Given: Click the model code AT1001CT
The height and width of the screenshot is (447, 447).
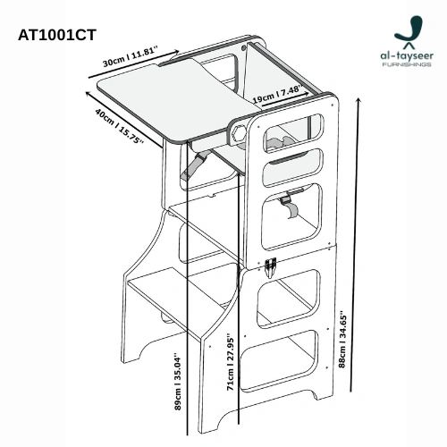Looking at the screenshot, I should (57, 35).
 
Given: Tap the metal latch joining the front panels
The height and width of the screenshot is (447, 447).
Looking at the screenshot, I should (271, 265).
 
